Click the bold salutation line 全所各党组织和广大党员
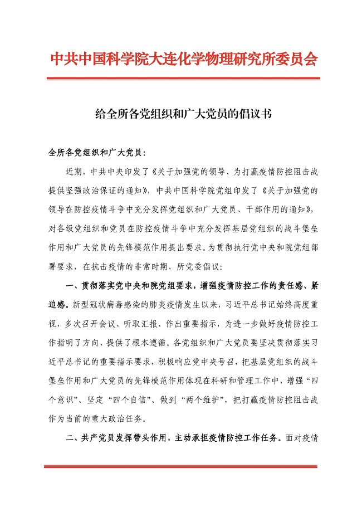pyautogui.click(x=96, y=152)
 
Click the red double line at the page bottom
pyautogui.click(x=181, y=466)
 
